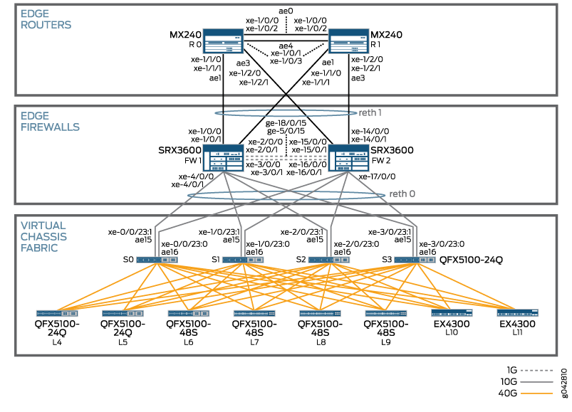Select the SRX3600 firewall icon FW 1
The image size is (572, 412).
223,159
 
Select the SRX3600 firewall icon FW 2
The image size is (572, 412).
348,159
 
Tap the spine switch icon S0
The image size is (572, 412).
158,260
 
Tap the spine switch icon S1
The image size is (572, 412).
242,260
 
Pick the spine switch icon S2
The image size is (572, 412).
328,260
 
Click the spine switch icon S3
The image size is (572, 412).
415,260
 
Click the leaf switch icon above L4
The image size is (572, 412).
57,313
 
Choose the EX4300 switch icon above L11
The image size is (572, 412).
518,313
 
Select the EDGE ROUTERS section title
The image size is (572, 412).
46,19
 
